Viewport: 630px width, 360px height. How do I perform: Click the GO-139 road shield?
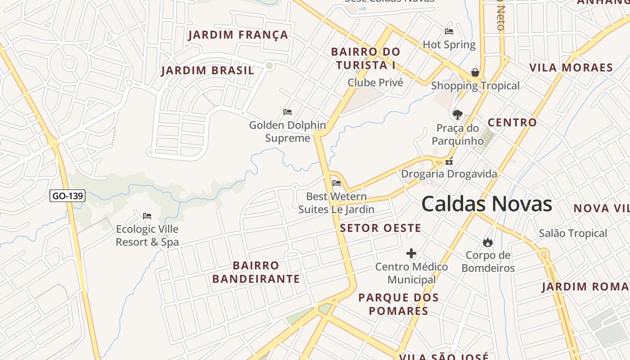pyautogui.click(x=67, y=196)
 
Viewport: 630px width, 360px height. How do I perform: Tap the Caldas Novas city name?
pyautogui.click(x=486, y=204)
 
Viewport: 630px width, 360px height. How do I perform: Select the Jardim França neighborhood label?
pyautogui.click(x=238, y=35)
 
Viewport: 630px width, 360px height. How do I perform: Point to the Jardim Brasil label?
pyautogui.click(x=207, y=71)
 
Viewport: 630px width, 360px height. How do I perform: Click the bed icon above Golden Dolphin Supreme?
pyautogui.click(x=288, y=112)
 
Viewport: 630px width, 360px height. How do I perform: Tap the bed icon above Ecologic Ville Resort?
pyautogui.click(x=147, y=216)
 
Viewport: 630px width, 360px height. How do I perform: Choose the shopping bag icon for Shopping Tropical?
pyautogui.click(x=475, y=72)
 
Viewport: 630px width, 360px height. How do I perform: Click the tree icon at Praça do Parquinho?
pyautogui.click(x=458, y=115)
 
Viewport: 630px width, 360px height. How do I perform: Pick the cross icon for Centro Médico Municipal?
pyautogui.click(x=411, y=254)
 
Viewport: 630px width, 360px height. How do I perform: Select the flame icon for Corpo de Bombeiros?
pyautogui.click(x=487, y=243)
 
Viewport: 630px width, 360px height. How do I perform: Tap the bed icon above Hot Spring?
pyautogui.click(x=449, y=31)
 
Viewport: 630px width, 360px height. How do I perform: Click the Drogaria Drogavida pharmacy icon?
pyautogui.click(x=449, y=161)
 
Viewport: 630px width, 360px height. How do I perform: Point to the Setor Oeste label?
pyautogui.click(x=380, y=228)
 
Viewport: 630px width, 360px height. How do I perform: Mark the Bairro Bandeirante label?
pyautogui.click(x=256, y=272)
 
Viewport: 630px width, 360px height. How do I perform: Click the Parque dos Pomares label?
pyautogui.click(x=398, y=304)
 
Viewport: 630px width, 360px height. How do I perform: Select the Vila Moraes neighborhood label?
pyautogui.click(x=571, y=68)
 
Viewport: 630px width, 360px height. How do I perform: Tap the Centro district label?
pyautogui.click(x=512, y=122)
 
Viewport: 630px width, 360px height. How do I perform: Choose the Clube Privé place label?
pyautogui.click(x=375, y=83)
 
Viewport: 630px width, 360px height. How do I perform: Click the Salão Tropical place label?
pyautogui.click(x=573, y=233)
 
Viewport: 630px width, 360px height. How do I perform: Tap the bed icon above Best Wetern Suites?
pyautogui.click(x=336, y=183)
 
